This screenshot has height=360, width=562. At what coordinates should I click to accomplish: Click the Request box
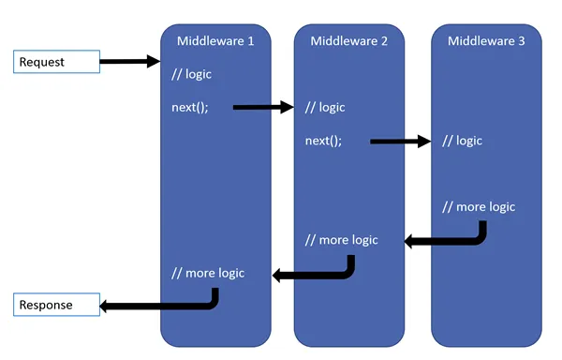click(x=56, y=63)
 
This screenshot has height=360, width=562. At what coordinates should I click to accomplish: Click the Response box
click(x=56, y=306)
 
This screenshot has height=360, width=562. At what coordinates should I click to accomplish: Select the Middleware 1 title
click(x=215, y=40)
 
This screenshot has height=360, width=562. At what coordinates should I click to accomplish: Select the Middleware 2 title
click(x=349, y=40)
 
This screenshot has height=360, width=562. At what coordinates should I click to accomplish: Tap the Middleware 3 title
click(x=486, y=40)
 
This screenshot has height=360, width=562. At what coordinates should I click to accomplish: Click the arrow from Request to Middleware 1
click(x=129, y=62)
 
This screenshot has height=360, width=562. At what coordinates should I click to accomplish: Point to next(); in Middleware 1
click(x=189, y=107)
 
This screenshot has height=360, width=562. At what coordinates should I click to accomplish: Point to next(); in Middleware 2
click(x=323, y=141)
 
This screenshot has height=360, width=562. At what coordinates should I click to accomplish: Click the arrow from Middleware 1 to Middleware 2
click(x=262, y=107)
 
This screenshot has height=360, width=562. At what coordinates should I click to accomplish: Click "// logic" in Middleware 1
click(x=192, y=74)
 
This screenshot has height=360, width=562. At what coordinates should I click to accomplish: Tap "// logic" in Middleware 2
click(x=325, y=107)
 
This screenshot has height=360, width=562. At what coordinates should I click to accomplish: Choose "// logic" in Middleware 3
click(x=462, y=141)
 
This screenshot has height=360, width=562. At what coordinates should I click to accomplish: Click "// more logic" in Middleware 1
click(x=208, y=273)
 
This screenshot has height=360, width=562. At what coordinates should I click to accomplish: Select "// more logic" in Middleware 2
click(x=341, y=240)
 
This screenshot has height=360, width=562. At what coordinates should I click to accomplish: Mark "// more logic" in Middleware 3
click(x=478, y=206)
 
